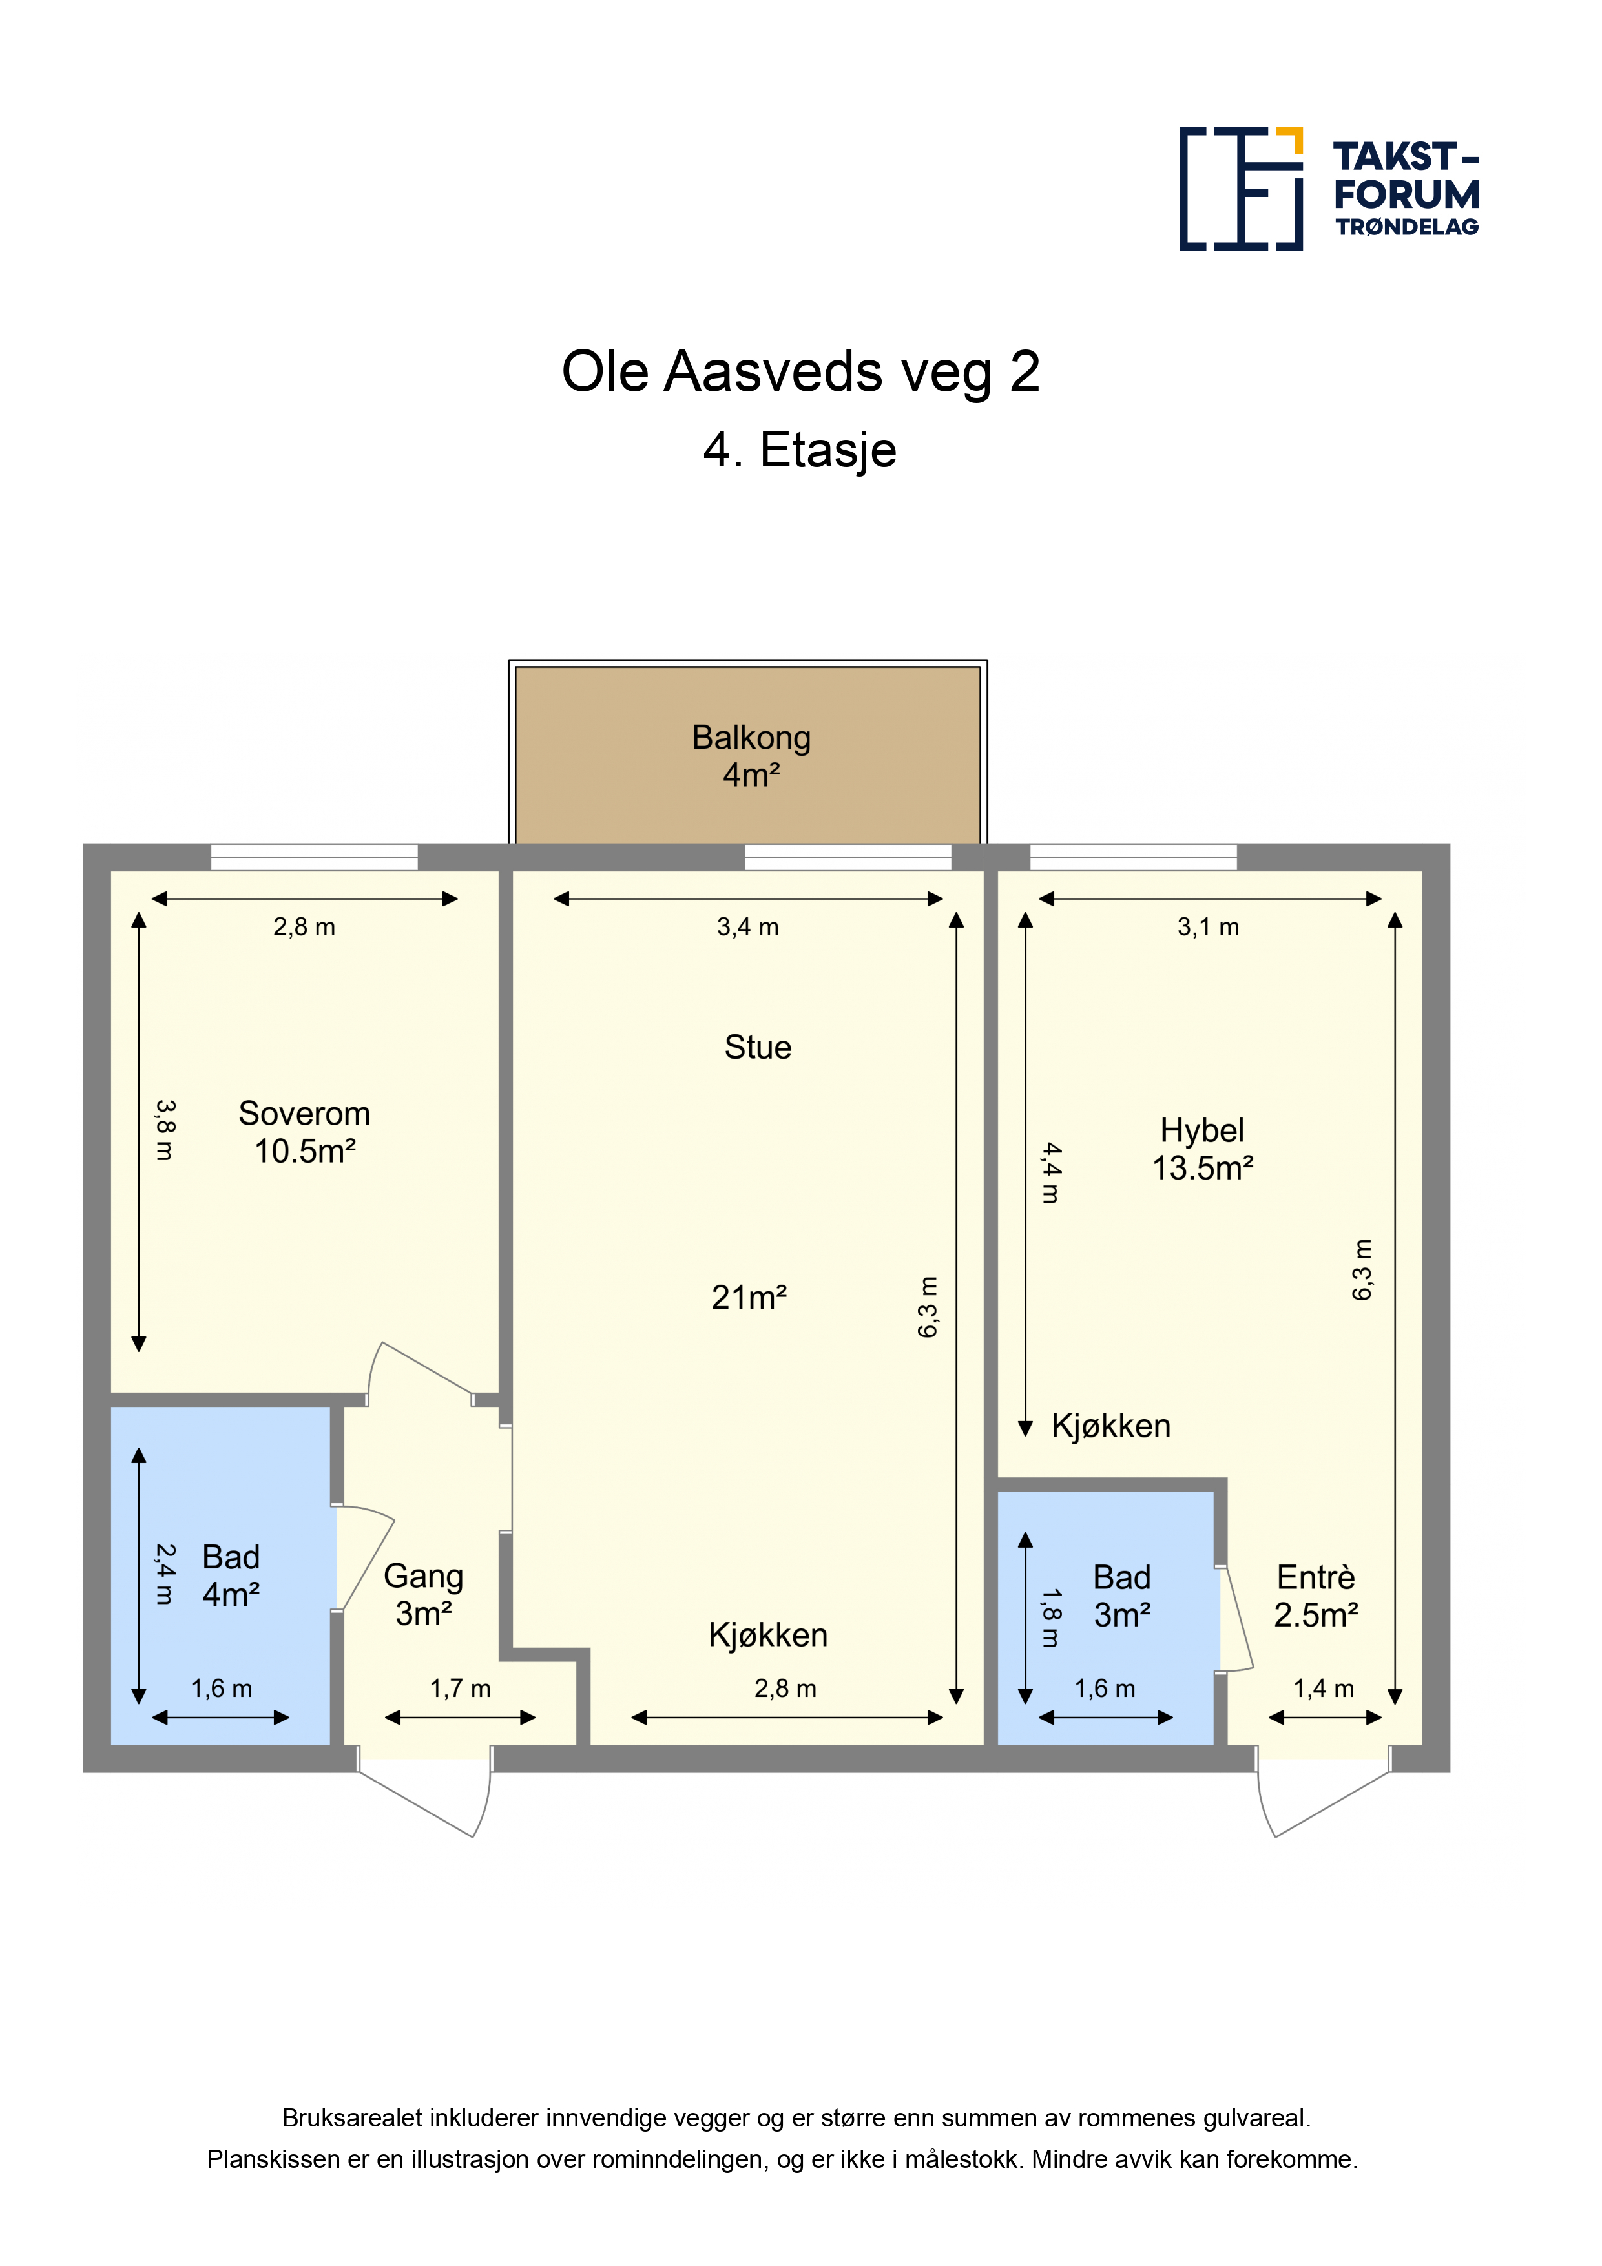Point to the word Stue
[x=758, y=1047]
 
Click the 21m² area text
[x=749, y=1298]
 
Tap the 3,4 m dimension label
[x=748, y=927]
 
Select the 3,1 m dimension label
[x=1208, y=927]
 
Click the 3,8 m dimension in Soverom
[x=165, y=1130]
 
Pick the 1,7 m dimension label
[x=460, y=1689]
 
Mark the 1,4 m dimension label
[x=1324, y=1689]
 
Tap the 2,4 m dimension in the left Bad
[x=165, y=1574]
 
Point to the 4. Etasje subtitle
[x=800, y=450]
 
